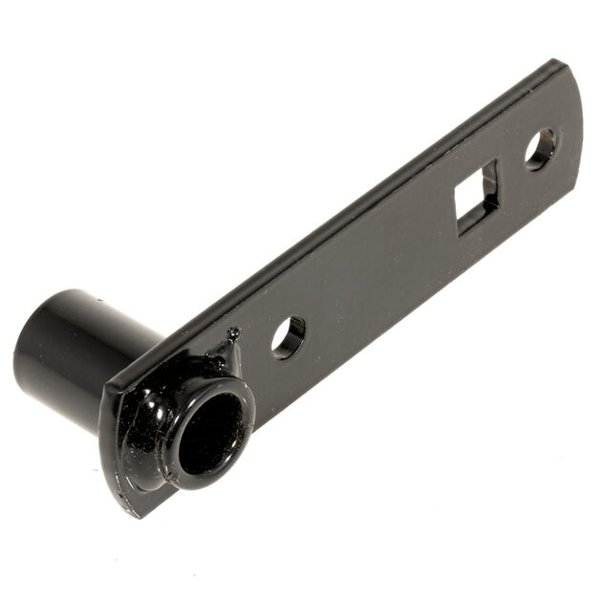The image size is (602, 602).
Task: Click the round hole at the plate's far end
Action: click(540, 149)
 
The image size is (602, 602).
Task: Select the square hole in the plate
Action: click(476, 198)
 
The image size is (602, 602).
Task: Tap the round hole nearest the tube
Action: click(288, 337)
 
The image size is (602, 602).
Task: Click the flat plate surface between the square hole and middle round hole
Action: click(382, 268)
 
